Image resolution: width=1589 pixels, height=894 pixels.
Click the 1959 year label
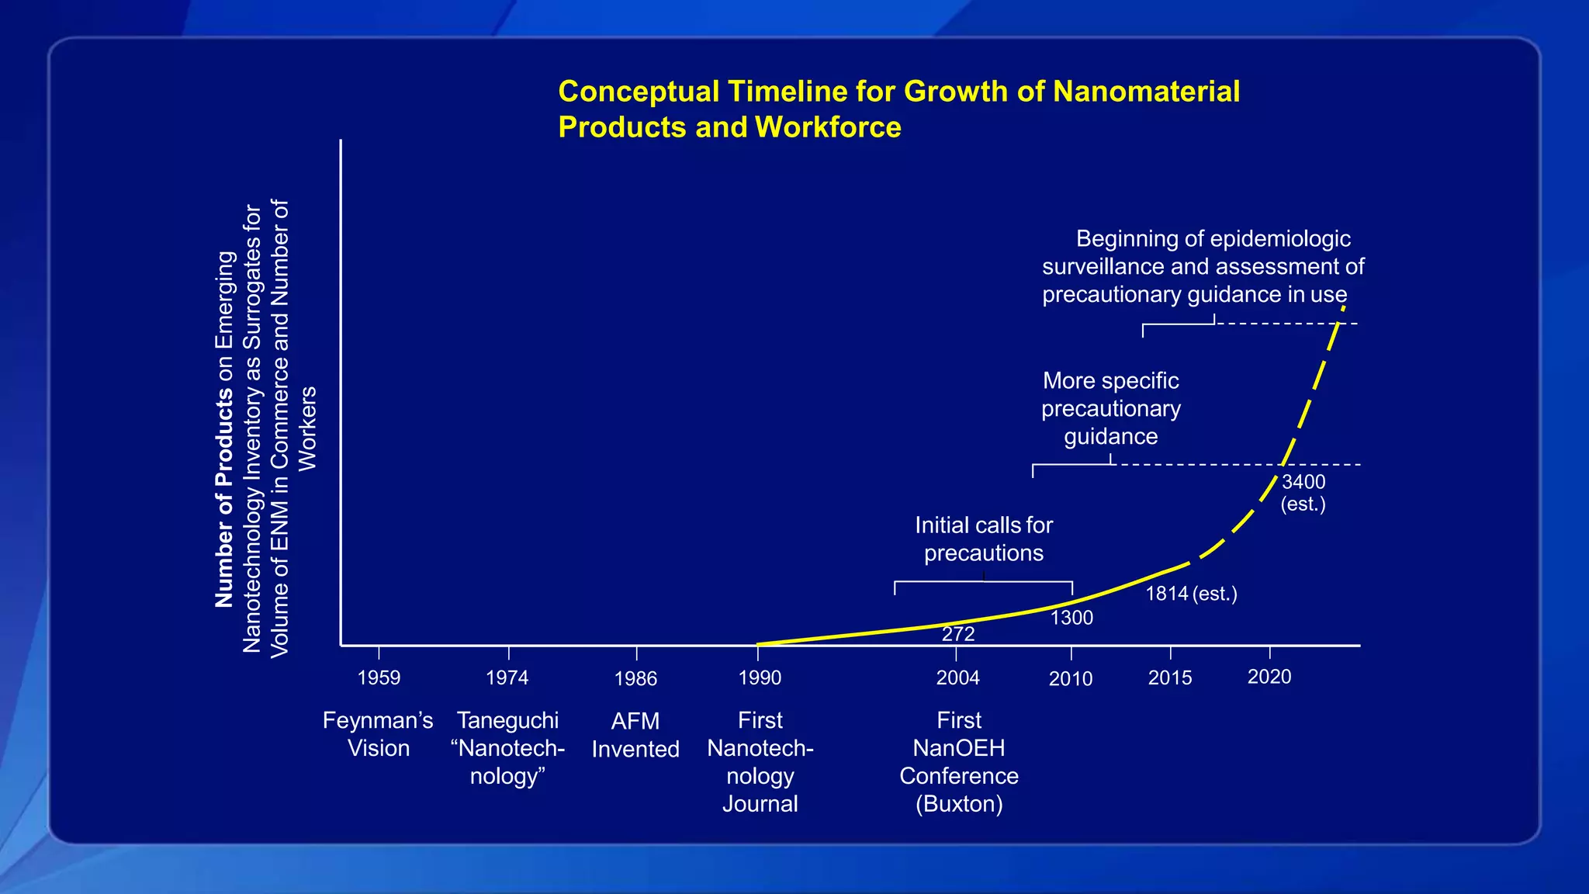click(379, 677)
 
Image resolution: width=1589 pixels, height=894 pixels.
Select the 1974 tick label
click(507, 677)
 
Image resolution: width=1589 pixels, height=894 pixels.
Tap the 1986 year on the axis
click(635, 679)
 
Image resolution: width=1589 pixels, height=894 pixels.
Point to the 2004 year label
click(957, 677)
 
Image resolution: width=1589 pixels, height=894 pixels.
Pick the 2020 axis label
click(1269, 677)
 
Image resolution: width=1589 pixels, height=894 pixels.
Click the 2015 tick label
click(1169, 677)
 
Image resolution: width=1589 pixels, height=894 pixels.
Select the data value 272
click(958, 634)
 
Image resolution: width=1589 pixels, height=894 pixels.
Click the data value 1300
click(1071, 618)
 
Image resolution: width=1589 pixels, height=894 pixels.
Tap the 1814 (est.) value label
click(1191, 594)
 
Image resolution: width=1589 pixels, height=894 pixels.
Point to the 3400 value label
click(1303, 482)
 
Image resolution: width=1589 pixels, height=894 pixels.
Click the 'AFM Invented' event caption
click(635, 735)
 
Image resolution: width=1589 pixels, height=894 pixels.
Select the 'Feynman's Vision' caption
click(378, 734)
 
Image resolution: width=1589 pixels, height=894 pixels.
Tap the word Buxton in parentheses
click(959, 804)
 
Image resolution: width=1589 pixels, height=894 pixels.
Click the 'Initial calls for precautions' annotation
click(984, 539)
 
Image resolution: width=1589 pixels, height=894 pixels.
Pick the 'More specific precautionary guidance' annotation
click(1111, 408)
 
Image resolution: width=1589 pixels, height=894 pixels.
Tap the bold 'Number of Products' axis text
click(223, 497)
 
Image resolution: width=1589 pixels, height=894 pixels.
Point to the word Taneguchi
click(507, 720)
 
